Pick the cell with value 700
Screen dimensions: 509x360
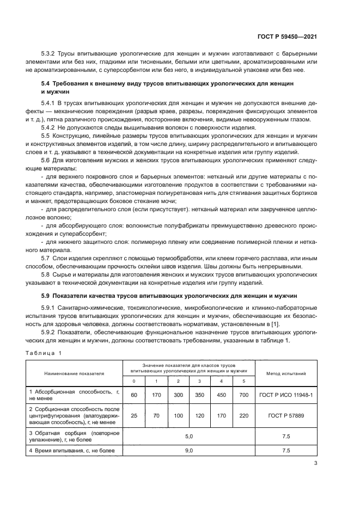[244, 395]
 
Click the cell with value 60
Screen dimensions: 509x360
[134, 395]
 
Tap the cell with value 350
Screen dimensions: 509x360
[200, 395]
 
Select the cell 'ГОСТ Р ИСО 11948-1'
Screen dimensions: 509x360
[285, 395]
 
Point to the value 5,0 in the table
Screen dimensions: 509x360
[189, 437]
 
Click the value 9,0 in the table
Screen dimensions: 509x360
[189, 450]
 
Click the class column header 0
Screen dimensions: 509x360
[134, 381]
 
